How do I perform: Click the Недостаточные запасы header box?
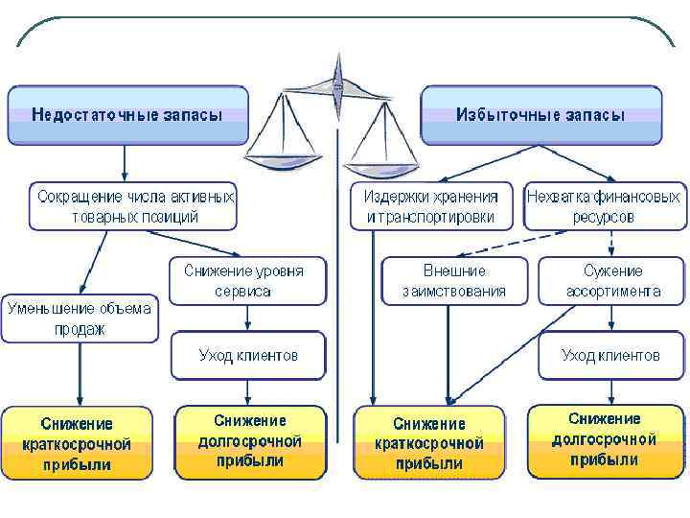click(x=127, y=114)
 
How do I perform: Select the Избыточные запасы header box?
click(x=540, y=114)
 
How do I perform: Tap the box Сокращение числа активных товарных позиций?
click(x=132, y=206)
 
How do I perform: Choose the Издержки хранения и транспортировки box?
click(x=429, y=206)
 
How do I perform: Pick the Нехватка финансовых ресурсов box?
click(x=605, y=206)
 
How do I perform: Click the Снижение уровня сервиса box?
click(x=248, y=280)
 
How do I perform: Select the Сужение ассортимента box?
click(x=612, y=280)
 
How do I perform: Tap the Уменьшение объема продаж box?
click(x=80, y=318)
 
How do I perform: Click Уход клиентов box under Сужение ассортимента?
click(x=610, y=355)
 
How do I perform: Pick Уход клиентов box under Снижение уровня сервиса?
click(x=248, y=355)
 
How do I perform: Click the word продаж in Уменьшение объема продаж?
click(x=80, y=329)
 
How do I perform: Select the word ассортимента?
click(x=613, y=291)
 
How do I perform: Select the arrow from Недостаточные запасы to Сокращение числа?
click(x=125, y=162)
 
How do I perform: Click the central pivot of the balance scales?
click(x=337, y=87)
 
